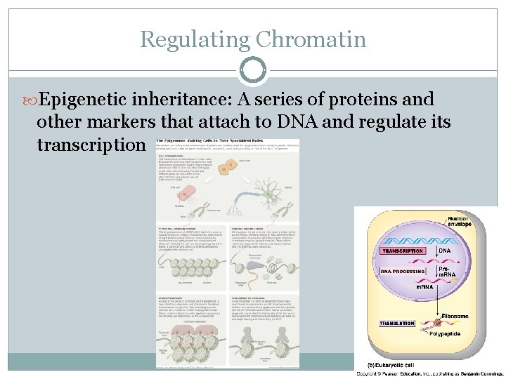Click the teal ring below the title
(x=253, y=70)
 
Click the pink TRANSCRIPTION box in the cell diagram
(x=403, y=251)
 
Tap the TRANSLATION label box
(x=396, y=324)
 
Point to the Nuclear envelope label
(x=462, y=223)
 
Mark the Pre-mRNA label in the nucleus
(x=448, y=271)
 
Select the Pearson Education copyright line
(x=430, y=374)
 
